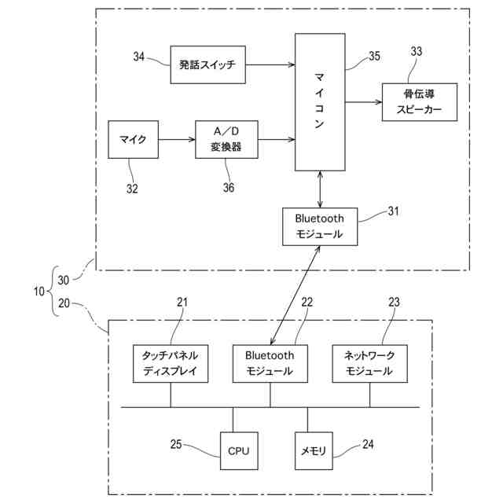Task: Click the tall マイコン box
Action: click(x=320, y=101)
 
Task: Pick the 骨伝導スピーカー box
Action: click(x=419, y=101)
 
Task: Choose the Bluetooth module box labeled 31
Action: click(x=320, y=226)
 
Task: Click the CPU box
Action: click(x=238, y=451)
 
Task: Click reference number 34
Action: click(x=139, y=57)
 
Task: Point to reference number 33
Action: click(x=417, y=52)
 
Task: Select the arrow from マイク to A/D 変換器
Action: click(x=177, y=140)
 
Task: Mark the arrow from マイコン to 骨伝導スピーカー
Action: click(x=363, y=101)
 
